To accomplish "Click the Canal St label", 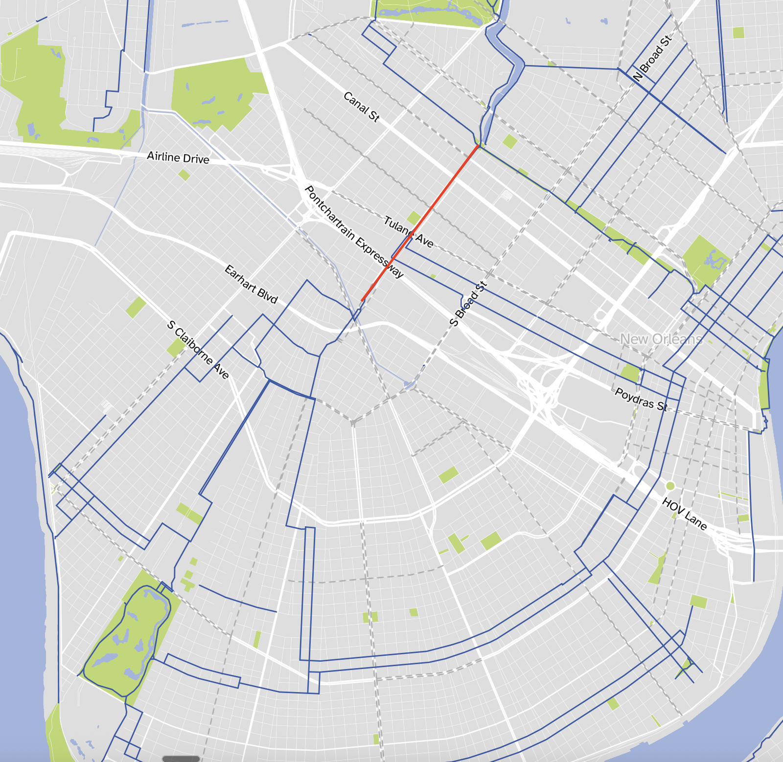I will (361, 107).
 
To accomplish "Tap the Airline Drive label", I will (178, 157).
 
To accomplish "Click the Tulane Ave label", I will (409, 232).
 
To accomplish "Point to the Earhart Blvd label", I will (251, 284).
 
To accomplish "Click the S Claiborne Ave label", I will (198, 350).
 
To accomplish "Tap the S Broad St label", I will (468, 304).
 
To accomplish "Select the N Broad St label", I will (652, 59).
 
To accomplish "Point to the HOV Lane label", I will (685, 514).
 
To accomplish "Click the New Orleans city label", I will (661, 339).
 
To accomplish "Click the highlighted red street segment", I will (420, 223).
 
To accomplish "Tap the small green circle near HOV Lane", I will (670, 486).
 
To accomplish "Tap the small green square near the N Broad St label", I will (738, 33).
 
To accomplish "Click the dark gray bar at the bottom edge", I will (181, 759).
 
